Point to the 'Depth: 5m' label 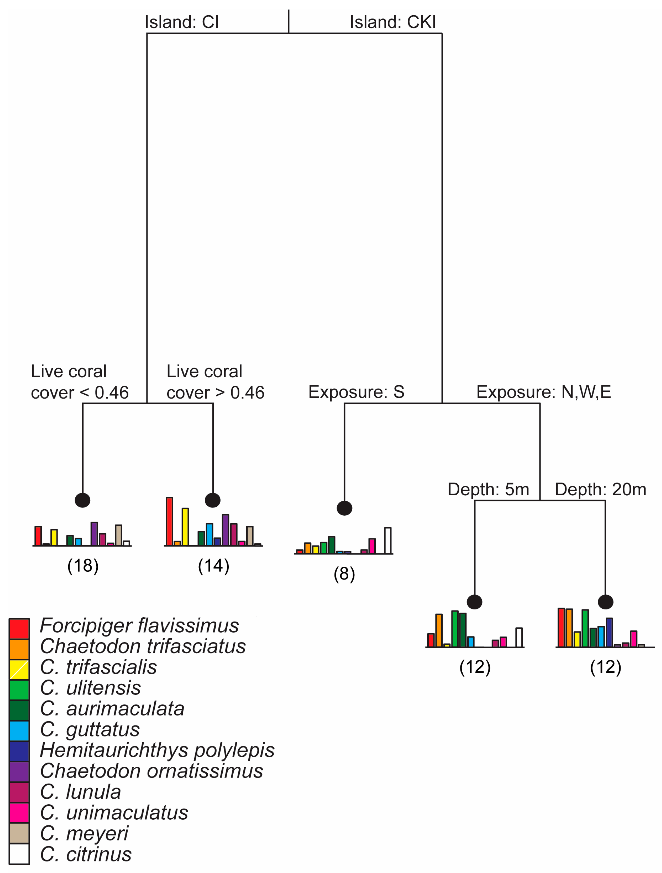pos(488,489)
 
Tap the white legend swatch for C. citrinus pos(19,854)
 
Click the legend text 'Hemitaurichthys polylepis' pos(157,750)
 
